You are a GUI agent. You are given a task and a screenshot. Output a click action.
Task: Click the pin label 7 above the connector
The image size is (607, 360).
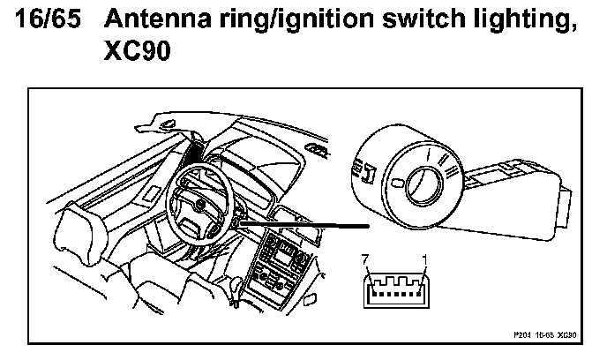365,259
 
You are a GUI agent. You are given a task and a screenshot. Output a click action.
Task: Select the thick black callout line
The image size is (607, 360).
300,224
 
